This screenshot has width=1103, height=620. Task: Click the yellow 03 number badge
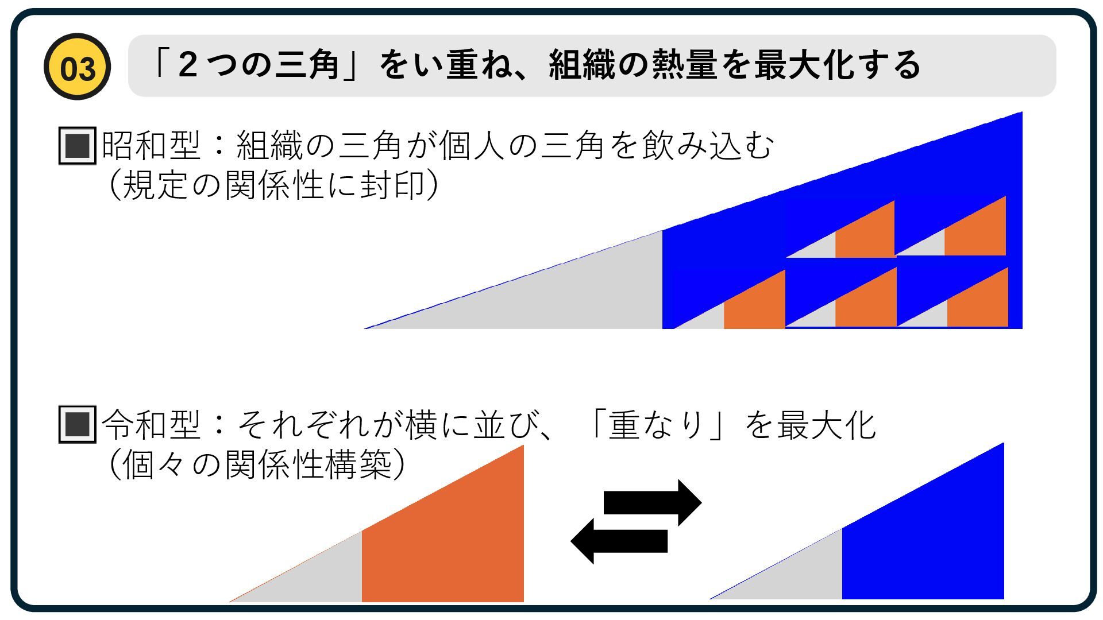[77, 67]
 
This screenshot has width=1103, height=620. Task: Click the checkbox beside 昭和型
[77, 146]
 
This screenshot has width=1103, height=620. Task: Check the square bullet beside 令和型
[77, 425]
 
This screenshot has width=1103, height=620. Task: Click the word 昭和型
[151, 146]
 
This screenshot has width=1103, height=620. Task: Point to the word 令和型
[151, 425]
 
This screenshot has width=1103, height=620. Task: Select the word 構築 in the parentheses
[358, 464]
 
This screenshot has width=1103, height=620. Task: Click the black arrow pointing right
[652, 502]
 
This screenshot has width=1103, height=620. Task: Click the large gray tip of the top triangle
[563, 293]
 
